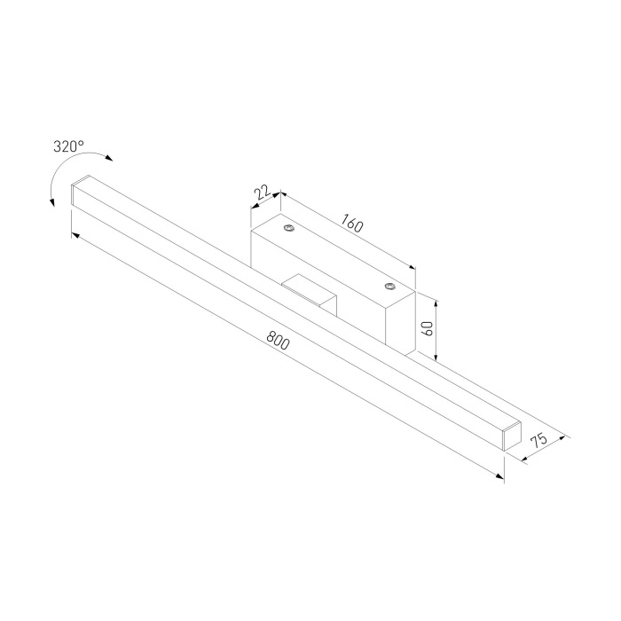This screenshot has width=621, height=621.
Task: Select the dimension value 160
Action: (x=350, y=225)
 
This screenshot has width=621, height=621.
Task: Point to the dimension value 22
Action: (x=263, y=193)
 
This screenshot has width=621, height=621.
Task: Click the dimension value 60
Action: (x=428, y=328)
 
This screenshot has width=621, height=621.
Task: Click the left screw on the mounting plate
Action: (x=289, y=230)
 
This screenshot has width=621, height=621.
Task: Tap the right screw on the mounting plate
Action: (x=389, y=286)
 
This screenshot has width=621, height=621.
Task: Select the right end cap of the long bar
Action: (x=509, y=435)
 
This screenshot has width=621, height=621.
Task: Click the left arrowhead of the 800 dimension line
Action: (x=75, y=235)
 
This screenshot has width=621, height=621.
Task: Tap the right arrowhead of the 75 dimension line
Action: (x=564, y=436)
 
